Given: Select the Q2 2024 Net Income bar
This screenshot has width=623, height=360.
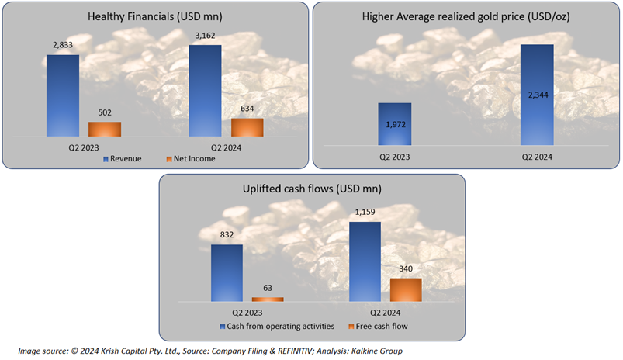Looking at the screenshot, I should pos(247,128).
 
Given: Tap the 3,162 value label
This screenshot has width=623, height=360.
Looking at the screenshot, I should pos(205,35).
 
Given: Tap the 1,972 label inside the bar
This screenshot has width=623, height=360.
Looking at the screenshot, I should pos(394,123).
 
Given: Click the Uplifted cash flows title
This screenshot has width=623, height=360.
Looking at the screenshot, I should pos(312,189).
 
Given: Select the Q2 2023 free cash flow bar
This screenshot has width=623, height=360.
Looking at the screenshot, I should pos(268,299).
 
